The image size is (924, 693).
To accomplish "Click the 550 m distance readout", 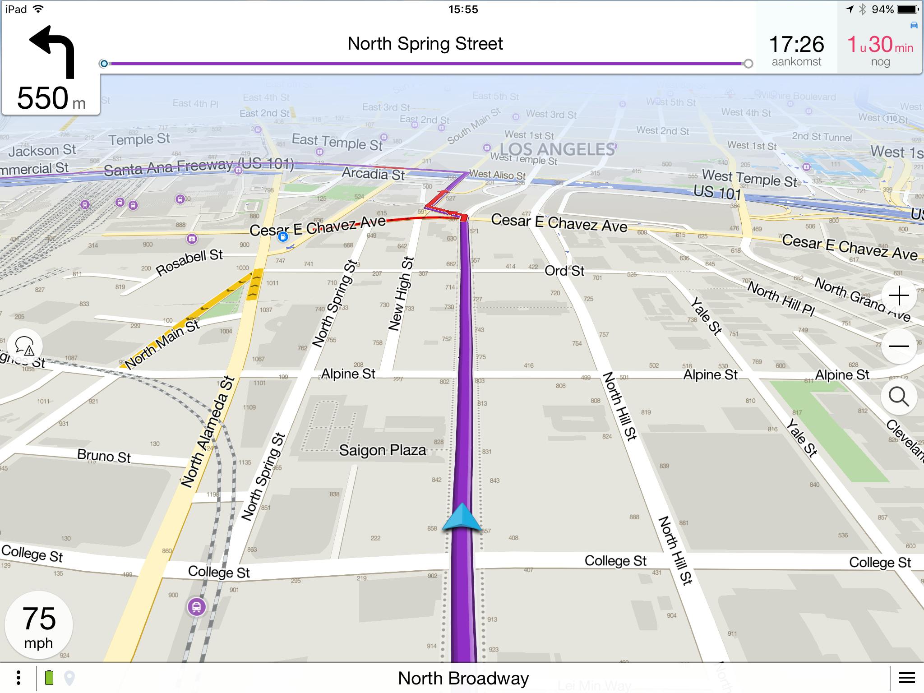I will point(51,98).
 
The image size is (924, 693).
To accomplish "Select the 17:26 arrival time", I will point(796,45).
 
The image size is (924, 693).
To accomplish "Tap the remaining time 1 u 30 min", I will point(880,45).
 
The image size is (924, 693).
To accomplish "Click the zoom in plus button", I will point(899,296).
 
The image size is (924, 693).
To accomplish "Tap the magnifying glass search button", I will point(899,397).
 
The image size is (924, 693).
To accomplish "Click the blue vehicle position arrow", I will point(462,517).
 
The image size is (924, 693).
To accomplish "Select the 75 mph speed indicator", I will point(39,625).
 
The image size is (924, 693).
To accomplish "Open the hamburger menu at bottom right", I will point(906,678).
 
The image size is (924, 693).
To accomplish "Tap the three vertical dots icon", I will point(18,678).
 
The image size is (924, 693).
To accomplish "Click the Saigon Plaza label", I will point(382,450).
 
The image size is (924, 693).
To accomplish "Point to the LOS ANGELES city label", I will point(557,149).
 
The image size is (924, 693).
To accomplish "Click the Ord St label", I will point(564,271).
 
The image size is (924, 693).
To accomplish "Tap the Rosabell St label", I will point(189,263).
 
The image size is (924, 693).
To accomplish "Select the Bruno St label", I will point(104,456).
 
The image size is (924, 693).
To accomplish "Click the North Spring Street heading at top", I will point(425,44).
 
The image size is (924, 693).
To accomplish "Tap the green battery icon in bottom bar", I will point(49,678).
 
